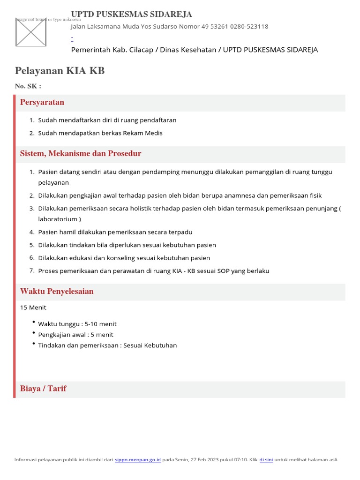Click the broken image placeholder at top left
[31, 32]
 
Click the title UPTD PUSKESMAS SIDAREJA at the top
[131, 15]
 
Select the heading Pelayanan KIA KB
[60, 71]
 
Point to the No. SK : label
[28, 86]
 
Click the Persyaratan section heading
[42, 102]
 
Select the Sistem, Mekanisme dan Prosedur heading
[81, 154]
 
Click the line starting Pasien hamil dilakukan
[115, 232]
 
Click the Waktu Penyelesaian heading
[57, 292]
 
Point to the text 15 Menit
[33, 308]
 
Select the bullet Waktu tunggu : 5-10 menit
[77, 324]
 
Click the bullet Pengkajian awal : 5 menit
[75, 335]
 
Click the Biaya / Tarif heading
[43, 389]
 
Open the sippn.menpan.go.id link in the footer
[138, 460]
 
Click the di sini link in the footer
[266, 460]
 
